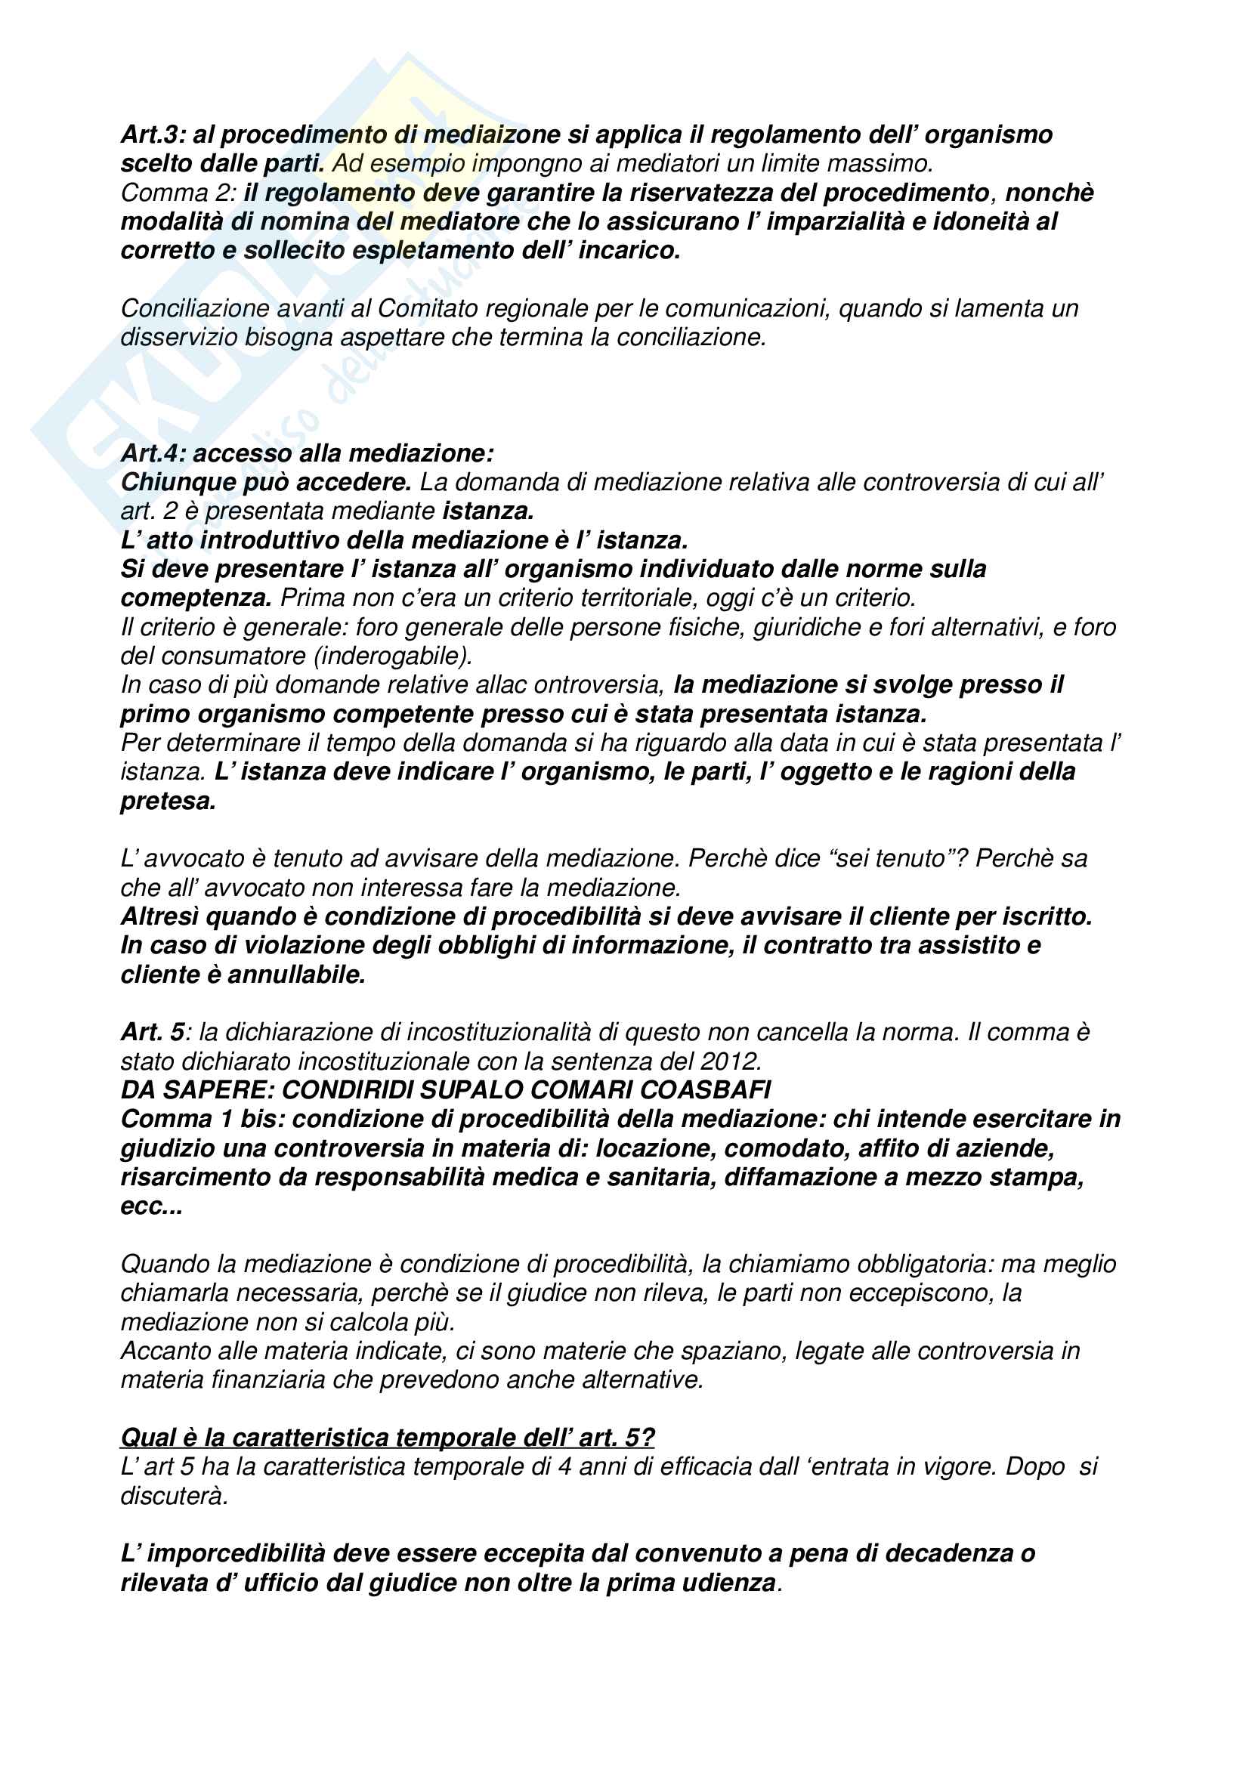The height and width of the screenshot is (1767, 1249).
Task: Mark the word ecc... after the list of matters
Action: [152, 1206]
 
